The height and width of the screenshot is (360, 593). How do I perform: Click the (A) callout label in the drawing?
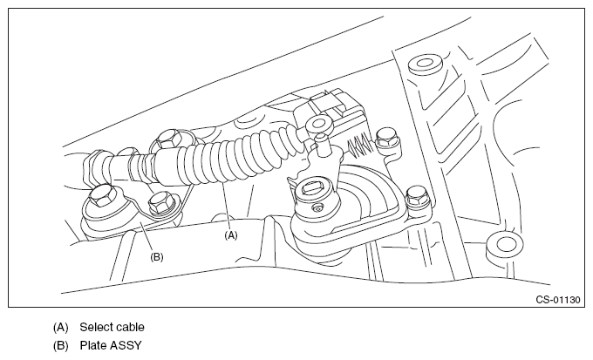(230, 234)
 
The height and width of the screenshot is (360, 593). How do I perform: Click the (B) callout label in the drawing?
(157, 256)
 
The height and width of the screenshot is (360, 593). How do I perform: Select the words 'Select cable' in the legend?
(112, 328)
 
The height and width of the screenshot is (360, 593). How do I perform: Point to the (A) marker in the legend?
(60, 328)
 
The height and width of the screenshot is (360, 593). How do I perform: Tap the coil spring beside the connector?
(360, 137)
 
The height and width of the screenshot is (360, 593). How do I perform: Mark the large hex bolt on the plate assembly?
(100, 200)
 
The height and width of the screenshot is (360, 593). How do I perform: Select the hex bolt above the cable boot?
(167, 138)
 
